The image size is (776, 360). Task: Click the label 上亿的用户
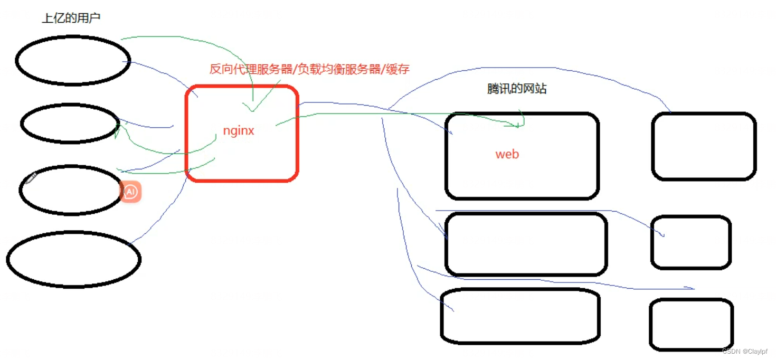71,18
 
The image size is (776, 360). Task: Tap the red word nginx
239,131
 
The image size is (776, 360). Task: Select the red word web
507,155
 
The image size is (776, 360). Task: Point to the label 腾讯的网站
516,89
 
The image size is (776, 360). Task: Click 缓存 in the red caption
398,69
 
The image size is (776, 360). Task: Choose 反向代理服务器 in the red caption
251,69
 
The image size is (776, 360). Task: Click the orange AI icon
130,192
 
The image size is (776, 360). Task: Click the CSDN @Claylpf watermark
745,352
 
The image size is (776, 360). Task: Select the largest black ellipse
73,259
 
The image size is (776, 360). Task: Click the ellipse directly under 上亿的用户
73,60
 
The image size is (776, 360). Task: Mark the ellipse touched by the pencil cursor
71,190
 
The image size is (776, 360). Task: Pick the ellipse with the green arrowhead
70,123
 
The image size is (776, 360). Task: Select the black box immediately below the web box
525,244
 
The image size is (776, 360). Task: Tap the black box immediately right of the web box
704,146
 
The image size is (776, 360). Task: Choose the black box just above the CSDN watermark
690,324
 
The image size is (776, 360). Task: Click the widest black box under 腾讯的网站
525,244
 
